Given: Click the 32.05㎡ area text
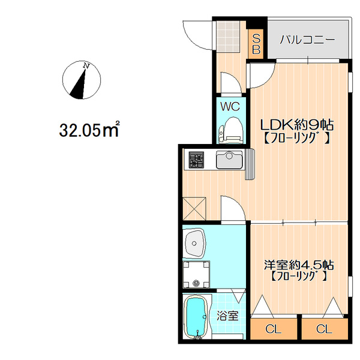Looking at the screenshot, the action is point(89,130).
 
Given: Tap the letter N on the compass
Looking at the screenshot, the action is point(86,66).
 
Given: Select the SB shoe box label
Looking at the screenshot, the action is point(256,44).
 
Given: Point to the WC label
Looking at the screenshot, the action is point(230,107).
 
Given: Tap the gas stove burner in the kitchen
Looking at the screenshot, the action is point(196,160).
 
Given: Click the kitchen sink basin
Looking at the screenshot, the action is point(229,160).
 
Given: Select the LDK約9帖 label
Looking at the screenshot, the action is point(296,125).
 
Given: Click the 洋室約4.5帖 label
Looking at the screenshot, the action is point(298,265).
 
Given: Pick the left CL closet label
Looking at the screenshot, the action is point(273,329).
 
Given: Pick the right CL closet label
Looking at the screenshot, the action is point(324,329).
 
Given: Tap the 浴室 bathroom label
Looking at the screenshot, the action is point(228,316).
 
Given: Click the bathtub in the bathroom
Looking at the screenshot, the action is point(196,317).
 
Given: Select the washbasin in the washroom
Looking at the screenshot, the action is point(194,243).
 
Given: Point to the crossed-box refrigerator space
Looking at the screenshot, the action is point(194,208).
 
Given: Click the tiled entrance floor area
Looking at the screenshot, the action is point(229,36).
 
